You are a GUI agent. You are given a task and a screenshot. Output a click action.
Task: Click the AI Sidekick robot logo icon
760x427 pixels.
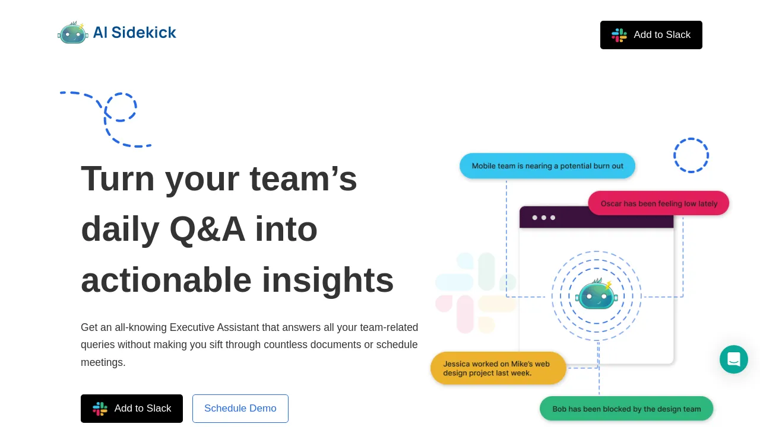click(x=73, y=33)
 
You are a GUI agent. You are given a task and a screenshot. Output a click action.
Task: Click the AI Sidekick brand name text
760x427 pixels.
click(x=135, y=33)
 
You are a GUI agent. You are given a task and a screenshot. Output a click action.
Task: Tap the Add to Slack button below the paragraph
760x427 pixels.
click(x=132, y=409)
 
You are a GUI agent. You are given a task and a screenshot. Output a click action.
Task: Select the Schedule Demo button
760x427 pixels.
click(x=240, y=409)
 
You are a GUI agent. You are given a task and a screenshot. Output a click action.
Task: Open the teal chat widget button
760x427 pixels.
click(x=734, y=359)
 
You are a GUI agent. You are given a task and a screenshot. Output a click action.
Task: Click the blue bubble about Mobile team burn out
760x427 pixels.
click(x=547, y=166)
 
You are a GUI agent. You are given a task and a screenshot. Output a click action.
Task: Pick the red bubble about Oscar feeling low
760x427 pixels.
click(x=658, y=203)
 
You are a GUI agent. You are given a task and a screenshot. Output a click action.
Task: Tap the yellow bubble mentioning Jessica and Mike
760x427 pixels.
click(x=498, y=368)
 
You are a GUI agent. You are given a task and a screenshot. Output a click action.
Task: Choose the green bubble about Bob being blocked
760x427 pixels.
click(x=626, y=409)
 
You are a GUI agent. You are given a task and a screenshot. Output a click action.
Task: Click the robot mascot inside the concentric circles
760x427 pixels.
click(x=597, y=295)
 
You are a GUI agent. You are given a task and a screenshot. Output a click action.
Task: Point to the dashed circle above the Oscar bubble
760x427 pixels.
click(x=691, y=155)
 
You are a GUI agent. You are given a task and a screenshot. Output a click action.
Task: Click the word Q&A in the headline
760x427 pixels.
click(x=207, y=230)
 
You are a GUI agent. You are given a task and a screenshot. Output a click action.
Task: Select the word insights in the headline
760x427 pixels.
click(x=328, y=281)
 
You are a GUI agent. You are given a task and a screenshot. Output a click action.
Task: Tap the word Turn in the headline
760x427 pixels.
click(x=118, y=179)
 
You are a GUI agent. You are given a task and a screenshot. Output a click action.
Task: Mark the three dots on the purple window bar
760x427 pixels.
click(x=544, y=218)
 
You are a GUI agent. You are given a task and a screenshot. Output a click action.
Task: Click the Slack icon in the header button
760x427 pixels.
click(x=619, y=35)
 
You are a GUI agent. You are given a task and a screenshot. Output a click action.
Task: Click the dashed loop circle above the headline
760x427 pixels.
click(x=121, y=107)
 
